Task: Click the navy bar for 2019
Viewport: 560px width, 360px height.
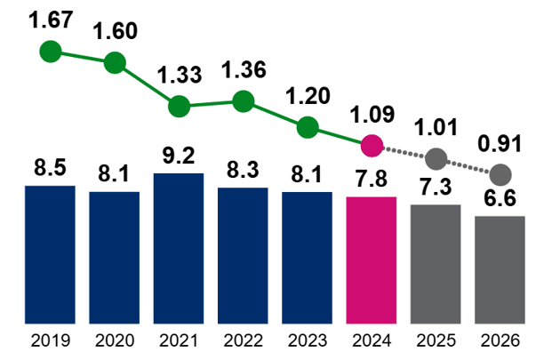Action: (x=50, y=254)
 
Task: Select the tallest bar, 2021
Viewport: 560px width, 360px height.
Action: (x=179, y=248)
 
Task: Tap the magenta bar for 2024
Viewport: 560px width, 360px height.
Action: (x=372, y=260)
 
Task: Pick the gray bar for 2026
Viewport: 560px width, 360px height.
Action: (x=500, y=269)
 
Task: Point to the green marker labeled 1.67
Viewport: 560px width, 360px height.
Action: (x=51, y=52)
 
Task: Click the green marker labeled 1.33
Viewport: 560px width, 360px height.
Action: (x=179, y=105)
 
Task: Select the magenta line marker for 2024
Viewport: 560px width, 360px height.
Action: (x=372, y=144)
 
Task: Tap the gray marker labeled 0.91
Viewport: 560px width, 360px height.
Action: (x=500, y=174)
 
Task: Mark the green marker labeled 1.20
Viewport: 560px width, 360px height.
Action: (x=308, y=126)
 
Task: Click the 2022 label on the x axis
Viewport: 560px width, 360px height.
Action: (x=243, y=340)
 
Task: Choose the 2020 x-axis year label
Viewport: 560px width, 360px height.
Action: (x=114, y=340)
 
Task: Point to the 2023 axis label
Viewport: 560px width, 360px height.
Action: (x=307, y=340)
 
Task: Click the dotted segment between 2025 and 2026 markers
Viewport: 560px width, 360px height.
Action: (x=468, y=167)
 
